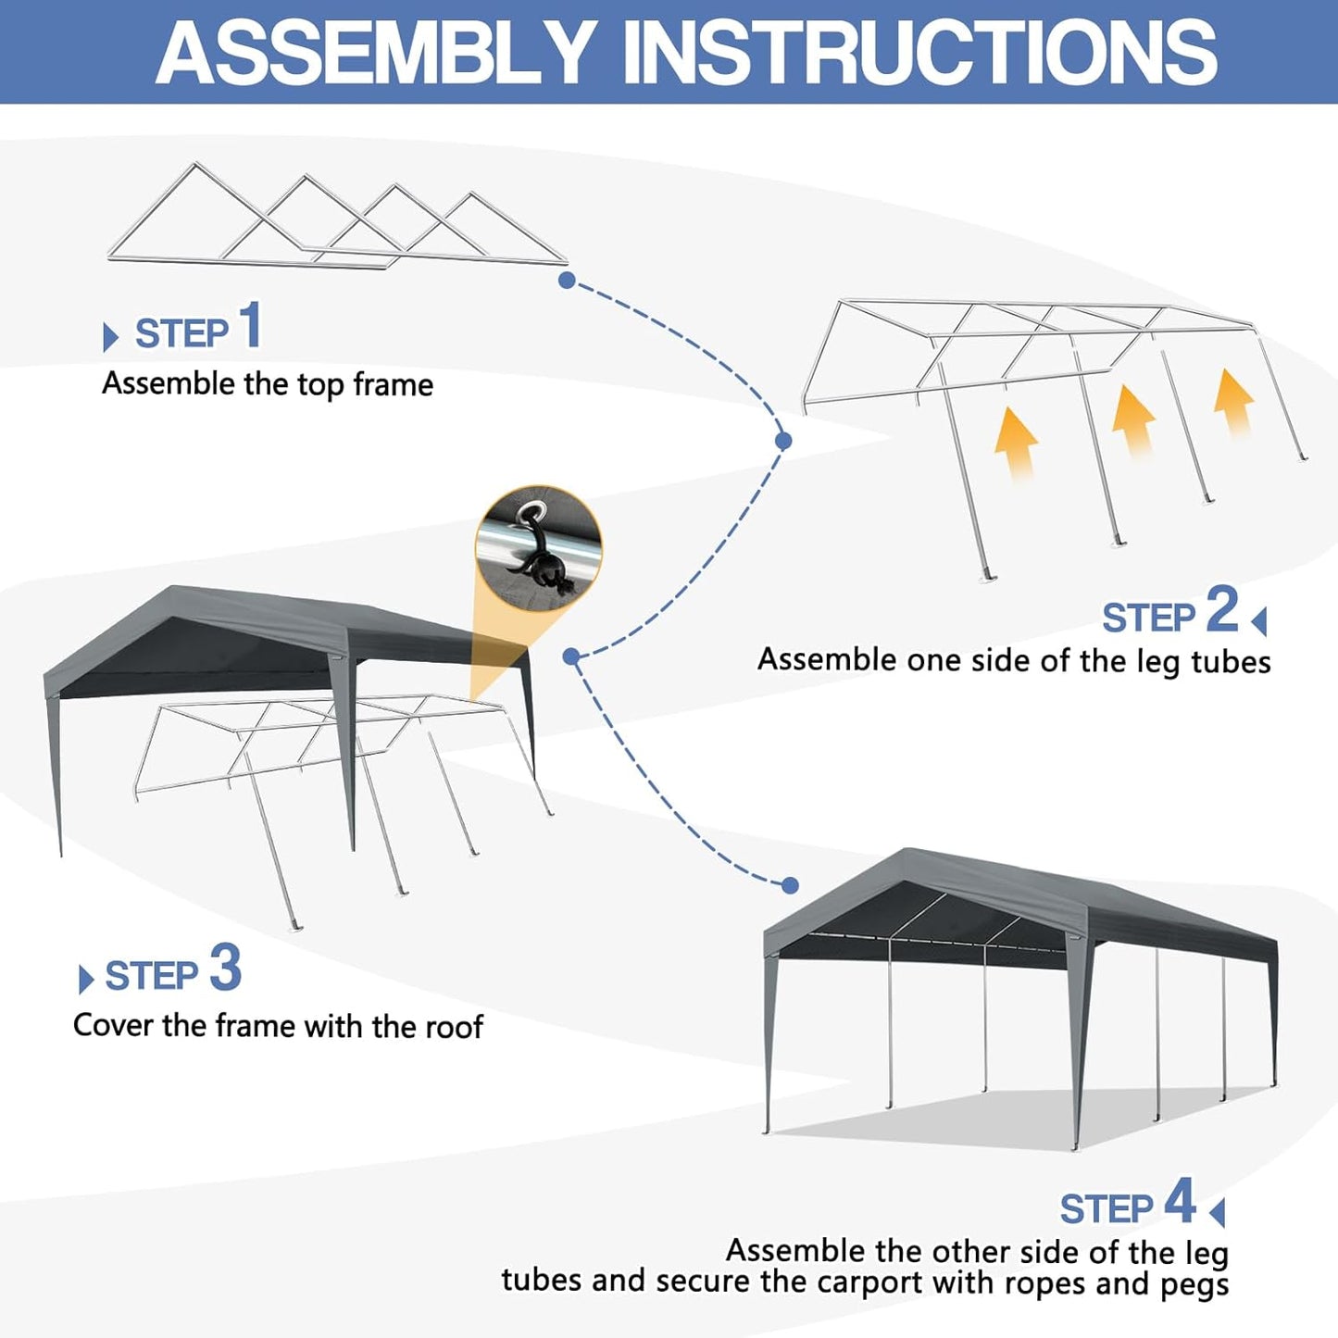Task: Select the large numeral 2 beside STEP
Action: pos(1221,610)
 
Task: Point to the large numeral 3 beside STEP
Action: pos(225,969)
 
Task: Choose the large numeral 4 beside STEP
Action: pos(1180,1202)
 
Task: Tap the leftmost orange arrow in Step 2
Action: pos(1016,443)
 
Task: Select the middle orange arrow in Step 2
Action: pos(1132,419)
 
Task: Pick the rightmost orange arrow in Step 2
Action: pos(1234,401)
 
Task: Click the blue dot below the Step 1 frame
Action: pos(567,280)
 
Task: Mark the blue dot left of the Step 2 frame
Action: pos(783,441)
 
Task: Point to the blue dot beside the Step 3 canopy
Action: pos(571,656)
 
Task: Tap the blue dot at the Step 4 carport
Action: pos(790,885)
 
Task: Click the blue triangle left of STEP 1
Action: pos(110,337)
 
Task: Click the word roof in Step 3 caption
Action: pos(454,1027)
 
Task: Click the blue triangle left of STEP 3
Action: pos(86,980)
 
